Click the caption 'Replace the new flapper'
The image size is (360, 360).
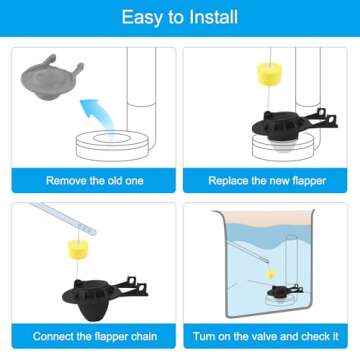point(267,181)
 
